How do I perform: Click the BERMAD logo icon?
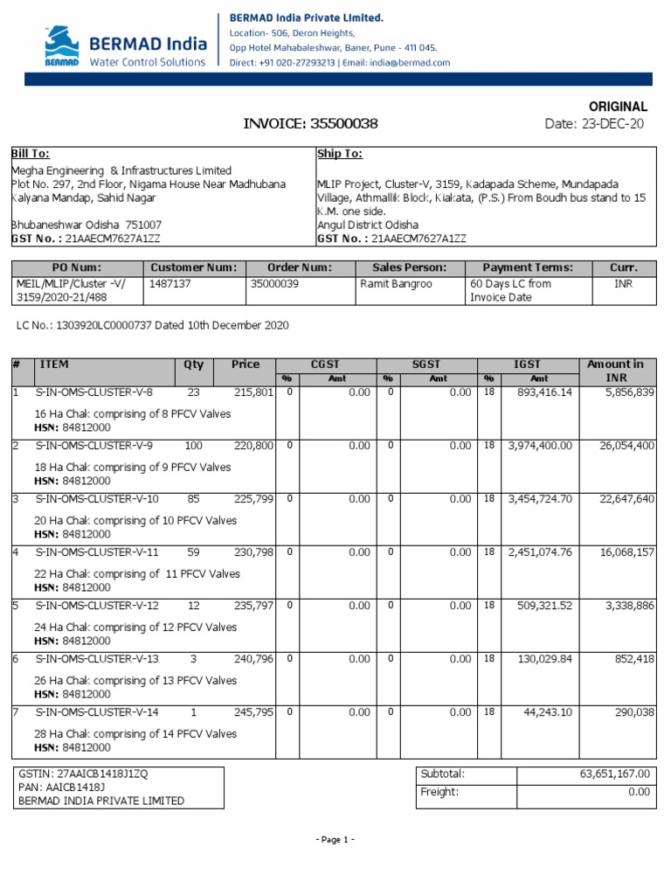[62, 46]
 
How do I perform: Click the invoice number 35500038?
[344, 124]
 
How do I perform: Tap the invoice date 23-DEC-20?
[612, 124]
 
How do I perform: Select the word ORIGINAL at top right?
[617, 106]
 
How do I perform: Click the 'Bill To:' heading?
[30, 154]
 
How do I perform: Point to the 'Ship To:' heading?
[339, 154]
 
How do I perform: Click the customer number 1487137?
[171, 284]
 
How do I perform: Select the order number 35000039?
[273, 284]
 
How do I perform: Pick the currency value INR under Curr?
[624, 284]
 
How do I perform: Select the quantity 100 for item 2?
[193, 446]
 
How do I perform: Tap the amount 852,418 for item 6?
[633, 659]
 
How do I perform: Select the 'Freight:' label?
[439, 792]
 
